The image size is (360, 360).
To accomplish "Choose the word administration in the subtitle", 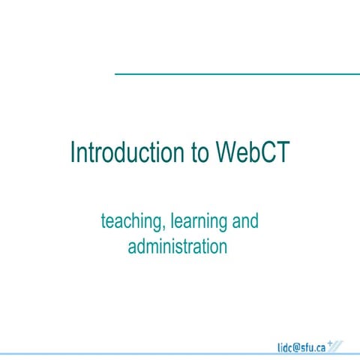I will click(x=177, y=245).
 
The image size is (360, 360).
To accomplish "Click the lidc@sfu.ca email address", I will click(x=300, y=346).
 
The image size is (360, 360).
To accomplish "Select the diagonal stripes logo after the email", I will click(x=337, y=346).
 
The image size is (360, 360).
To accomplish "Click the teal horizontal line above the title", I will click(x=236, y=73).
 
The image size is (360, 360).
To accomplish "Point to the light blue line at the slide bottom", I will click(x=180, y=354).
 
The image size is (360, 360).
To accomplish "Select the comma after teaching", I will click(x=165, y=226).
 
